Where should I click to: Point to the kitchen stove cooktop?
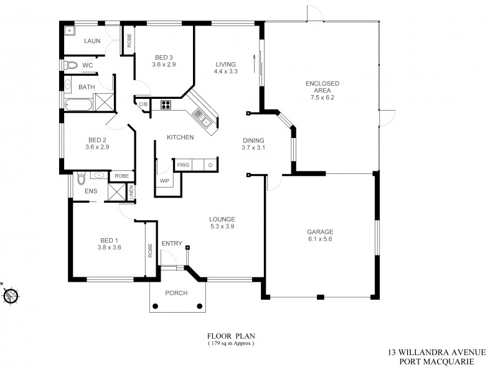[x=166, y=104]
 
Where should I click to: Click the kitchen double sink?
[x=200, y=115]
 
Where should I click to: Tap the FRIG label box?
[x=183, y=165]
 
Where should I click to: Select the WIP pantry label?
[x=164, y=181]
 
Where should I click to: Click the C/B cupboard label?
[x=143, y=104]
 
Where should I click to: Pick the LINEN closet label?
[x=131, y=194]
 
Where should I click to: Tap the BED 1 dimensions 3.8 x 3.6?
[x=109, y=247]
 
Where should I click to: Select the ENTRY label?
[x=171, y=244]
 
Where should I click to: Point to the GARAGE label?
[x=319, y=232]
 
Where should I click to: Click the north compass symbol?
[x=10, y=295]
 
